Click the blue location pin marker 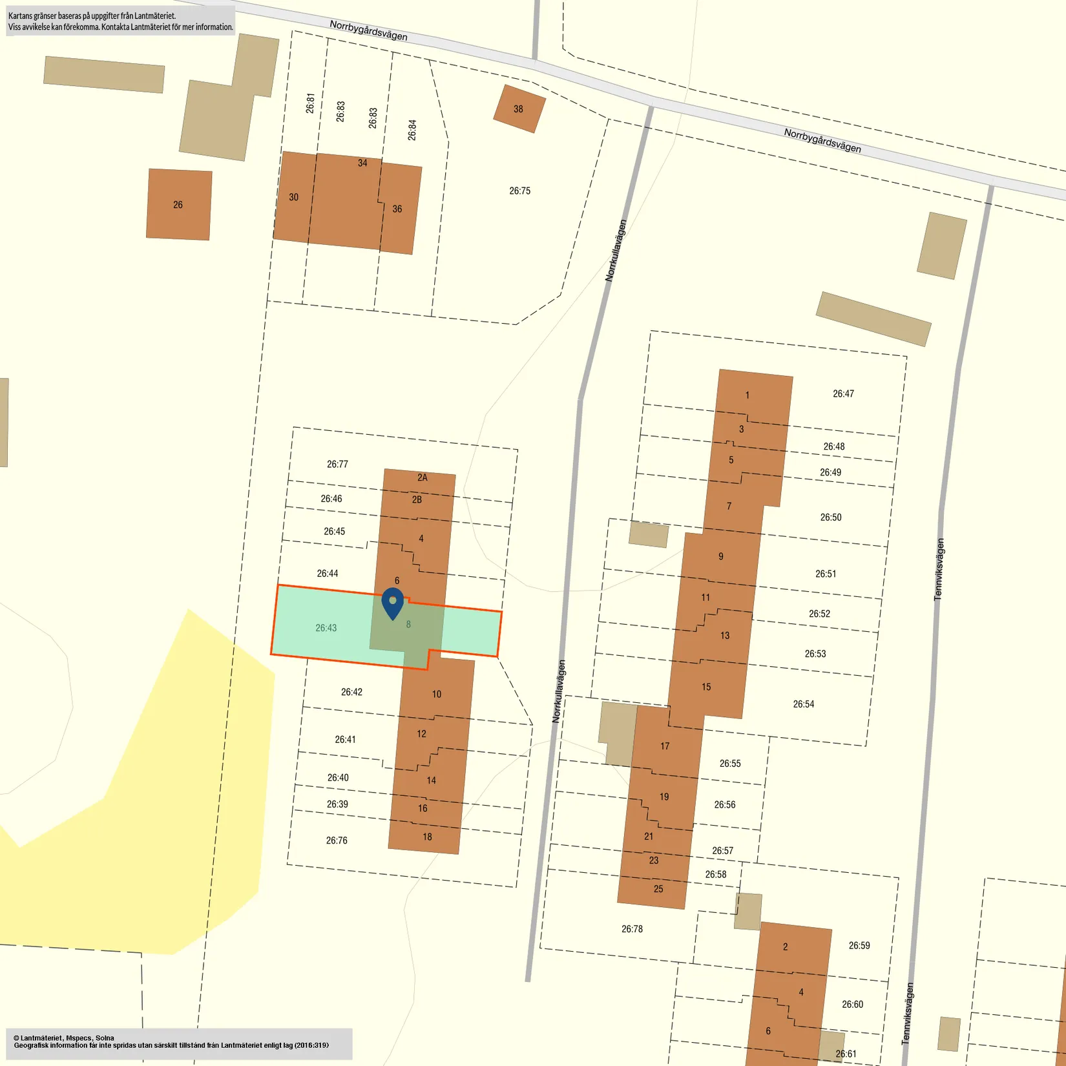coord(393,603)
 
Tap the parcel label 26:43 coord(326,628)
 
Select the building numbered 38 coord(519,109)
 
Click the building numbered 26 coord(178,205)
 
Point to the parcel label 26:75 coord(519,191)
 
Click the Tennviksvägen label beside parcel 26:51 coord(939,569)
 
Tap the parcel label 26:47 coord(843,393)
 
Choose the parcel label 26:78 coord(632,929)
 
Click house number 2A coord(422,477)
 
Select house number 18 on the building coord(427,837)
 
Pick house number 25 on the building coord(658,889)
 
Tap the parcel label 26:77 coord(337,464)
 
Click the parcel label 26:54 coord(804,704)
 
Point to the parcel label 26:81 coord(310,103)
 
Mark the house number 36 coord(397,209)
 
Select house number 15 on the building coord(706,687)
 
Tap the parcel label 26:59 coord(859,945)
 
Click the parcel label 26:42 coord(351,692)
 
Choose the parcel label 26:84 coord(412,130)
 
